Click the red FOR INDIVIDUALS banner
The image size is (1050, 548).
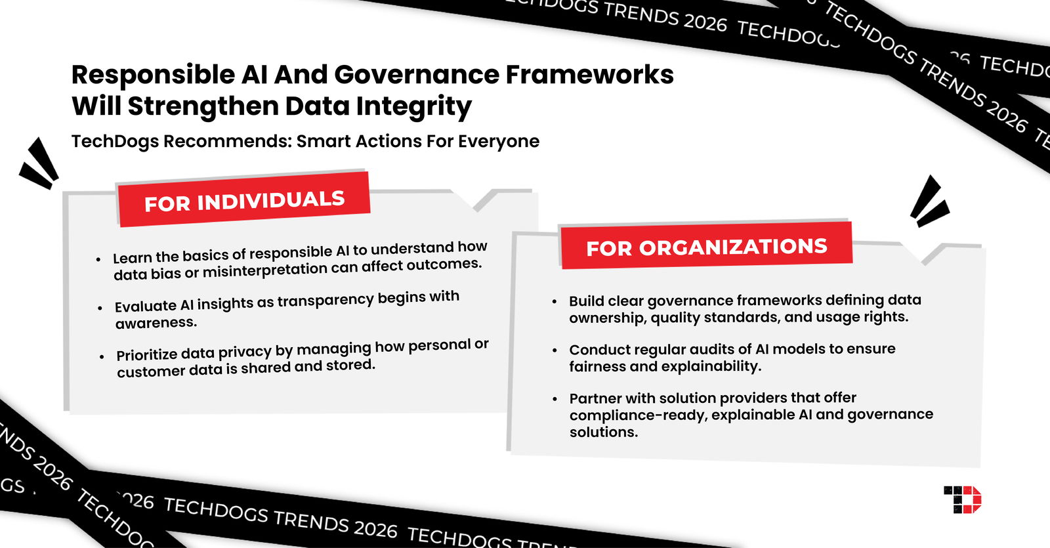[x=243, y=200]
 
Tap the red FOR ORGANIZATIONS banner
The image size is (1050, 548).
[x=706, y=247]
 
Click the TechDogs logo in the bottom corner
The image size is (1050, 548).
[x=962, y=499]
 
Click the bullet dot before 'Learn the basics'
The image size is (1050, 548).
[x=98, y=260]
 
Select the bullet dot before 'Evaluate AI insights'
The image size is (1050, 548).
[x=100, y=308]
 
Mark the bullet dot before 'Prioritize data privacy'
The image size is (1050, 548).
[x=102, y=357]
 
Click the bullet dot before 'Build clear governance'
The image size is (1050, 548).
[x=555, y=302]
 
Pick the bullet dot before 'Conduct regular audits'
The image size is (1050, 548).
[x=555, y=350]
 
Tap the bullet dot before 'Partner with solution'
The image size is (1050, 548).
[x=555, y=399]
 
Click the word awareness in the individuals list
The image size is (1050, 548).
[x=156, y=323]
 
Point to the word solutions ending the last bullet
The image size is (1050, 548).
[x=603, y=432]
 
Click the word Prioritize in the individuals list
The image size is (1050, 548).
[x=147, y=355]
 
